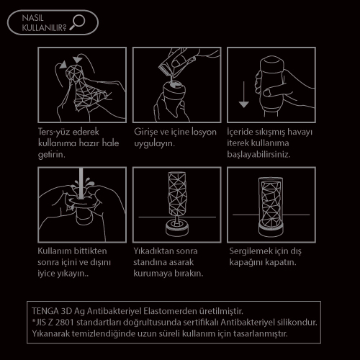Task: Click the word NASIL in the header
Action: coord(32,18)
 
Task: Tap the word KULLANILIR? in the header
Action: coord(44,28)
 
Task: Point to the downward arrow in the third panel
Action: coord(244,94)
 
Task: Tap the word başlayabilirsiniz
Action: coord(258,154)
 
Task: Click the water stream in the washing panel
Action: coord(81,183)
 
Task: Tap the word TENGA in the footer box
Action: coord(45,311)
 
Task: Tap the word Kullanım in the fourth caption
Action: coord(55,251)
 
